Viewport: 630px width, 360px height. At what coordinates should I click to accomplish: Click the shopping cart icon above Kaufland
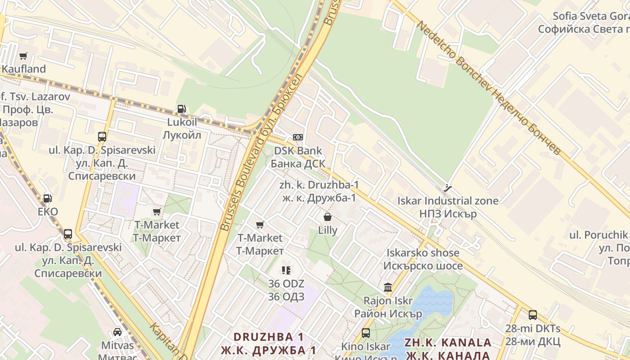point(23,56)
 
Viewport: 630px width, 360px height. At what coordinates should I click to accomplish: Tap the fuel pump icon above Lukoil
point(182,109)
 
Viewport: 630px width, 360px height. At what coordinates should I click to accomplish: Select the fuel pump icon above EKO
point(47,198)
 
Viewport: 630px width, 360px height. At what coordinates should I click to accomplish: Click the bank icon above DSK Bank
point(297,137)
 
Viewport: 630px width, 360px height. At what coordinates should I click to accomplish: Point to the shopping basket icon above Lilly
point(328,217)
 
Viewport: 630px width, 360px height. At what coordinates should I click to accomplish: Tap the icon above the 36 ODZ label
point(286,270)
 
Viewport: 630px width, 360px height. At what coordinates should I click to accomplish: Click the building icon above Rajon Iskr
point(387,287)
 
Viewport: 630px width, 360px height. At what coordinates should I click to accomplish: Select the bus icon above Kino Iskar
point(366,333)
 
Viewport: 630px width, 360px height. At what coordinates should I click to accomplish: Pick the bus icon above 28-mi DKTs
point(532,315)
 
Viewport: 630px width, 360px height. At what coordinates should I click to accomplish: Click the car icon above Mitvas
point(117,332)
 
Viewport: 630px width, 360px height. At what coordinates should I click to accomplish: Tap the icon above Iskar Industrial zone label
point(447,188)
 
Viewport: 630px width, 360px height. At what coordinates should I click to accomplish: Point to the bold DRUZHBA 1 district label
point(269,337)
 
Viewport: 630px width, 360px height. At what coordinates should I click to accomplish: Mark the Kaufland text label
point(24,69)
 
